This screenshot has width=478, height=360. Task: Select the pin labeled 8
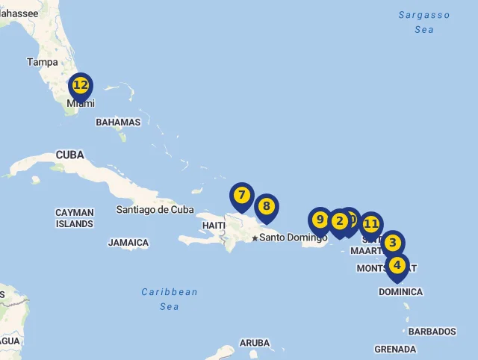pos(266,206)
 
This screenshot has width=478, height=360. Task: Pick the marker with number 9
pos(320,220)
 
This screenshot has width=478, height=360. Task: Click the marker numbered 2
pos(339,221)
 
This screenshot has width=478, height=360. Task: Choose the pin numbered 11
pos(371,224)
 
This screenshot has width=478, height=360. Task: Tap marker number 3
pos(392,243)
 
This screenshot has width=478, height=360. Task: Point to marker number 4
pos(397,265)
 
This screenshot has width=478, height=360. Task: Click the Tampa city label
pos(43,62)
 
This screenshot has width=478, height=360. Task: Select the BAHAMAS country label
pos(118,122)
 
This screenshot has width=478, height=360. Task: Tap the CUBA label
pos(70,155)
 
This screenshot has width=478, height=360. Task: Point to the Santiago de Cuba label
pos(155,210)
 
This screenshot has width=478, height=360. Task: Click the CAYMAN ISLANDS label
pos(75,218)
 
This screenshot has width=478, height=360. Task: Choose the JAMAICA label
pos(128,243)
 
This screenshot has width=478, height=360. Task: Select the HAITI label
pos(214,226)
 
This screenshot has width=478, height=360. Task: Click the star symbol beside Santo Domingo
pos(255,238)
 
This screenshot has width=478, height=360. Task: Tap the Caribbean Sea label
pos(170,299)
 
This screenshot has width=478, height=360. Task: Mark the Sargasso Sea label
pos(424,22)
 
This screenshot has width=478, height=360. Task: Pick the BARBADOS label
pos(432,332)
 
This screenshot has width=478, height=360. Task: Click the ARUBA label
pos(255,343)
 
